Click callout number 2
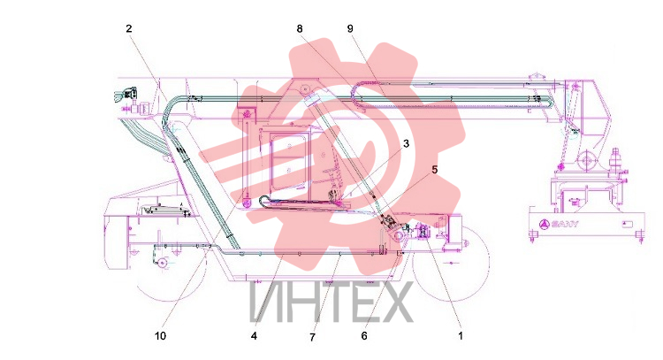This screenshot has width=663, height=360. pyautogui.click(x=129, y=28)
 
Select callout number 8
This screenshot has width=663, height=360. pyautogui.click(x=300, y=28)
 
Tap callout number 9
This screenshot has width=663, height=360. pyautogui.click(x=350, y=28)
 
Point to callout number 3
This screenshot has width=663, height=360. pyautogui.click(x=407, y=144)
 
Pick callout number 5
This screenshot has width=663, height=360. pyautogui.click(x=434, y=170)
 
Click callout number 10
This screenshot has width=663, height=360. pyautogui.click(x=160, y=336)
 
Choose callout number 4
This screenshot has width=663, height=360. pyautogui.click(x=254, y=336)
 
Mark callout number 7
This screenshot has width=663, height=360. pyautogui.click(x=312, y=337)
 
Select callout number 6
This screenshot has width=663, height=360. pyautogui.click(x=364, y=336)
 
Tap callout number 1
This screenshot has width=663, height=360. pyautogui.click(x=461, y=336)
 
